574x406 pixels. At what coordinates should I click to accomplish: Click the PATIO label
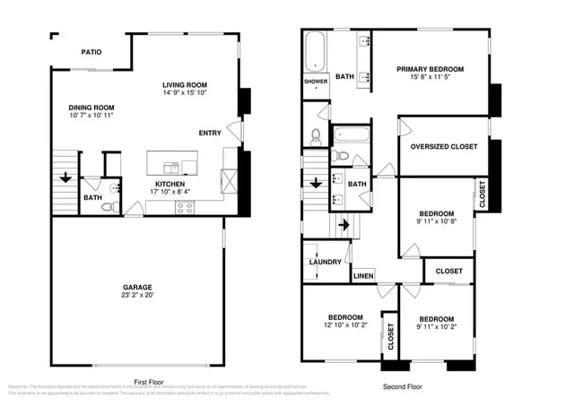coord(91,52)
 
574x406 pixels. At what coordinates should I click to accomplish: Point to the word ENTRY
coord(210,134)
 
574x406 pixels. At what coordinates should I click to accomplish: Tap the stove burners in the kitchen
coord(186,207)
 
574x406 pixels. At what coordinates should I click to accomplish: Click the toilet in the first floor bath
coord(108,207)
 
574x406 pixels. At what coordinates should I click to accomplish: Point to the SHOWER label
coord(316,82)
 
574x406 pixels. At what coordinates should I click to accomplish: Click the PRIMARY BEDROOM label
coord(430,69)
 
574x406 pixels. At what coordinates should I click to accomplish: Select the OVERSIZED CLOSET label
coord(443,146)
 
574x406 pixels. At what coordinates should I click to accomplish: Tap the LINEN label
coord(363,276)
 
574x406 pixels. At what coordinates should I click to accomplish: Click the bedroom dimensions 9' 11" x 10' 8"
coord(436,221)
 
